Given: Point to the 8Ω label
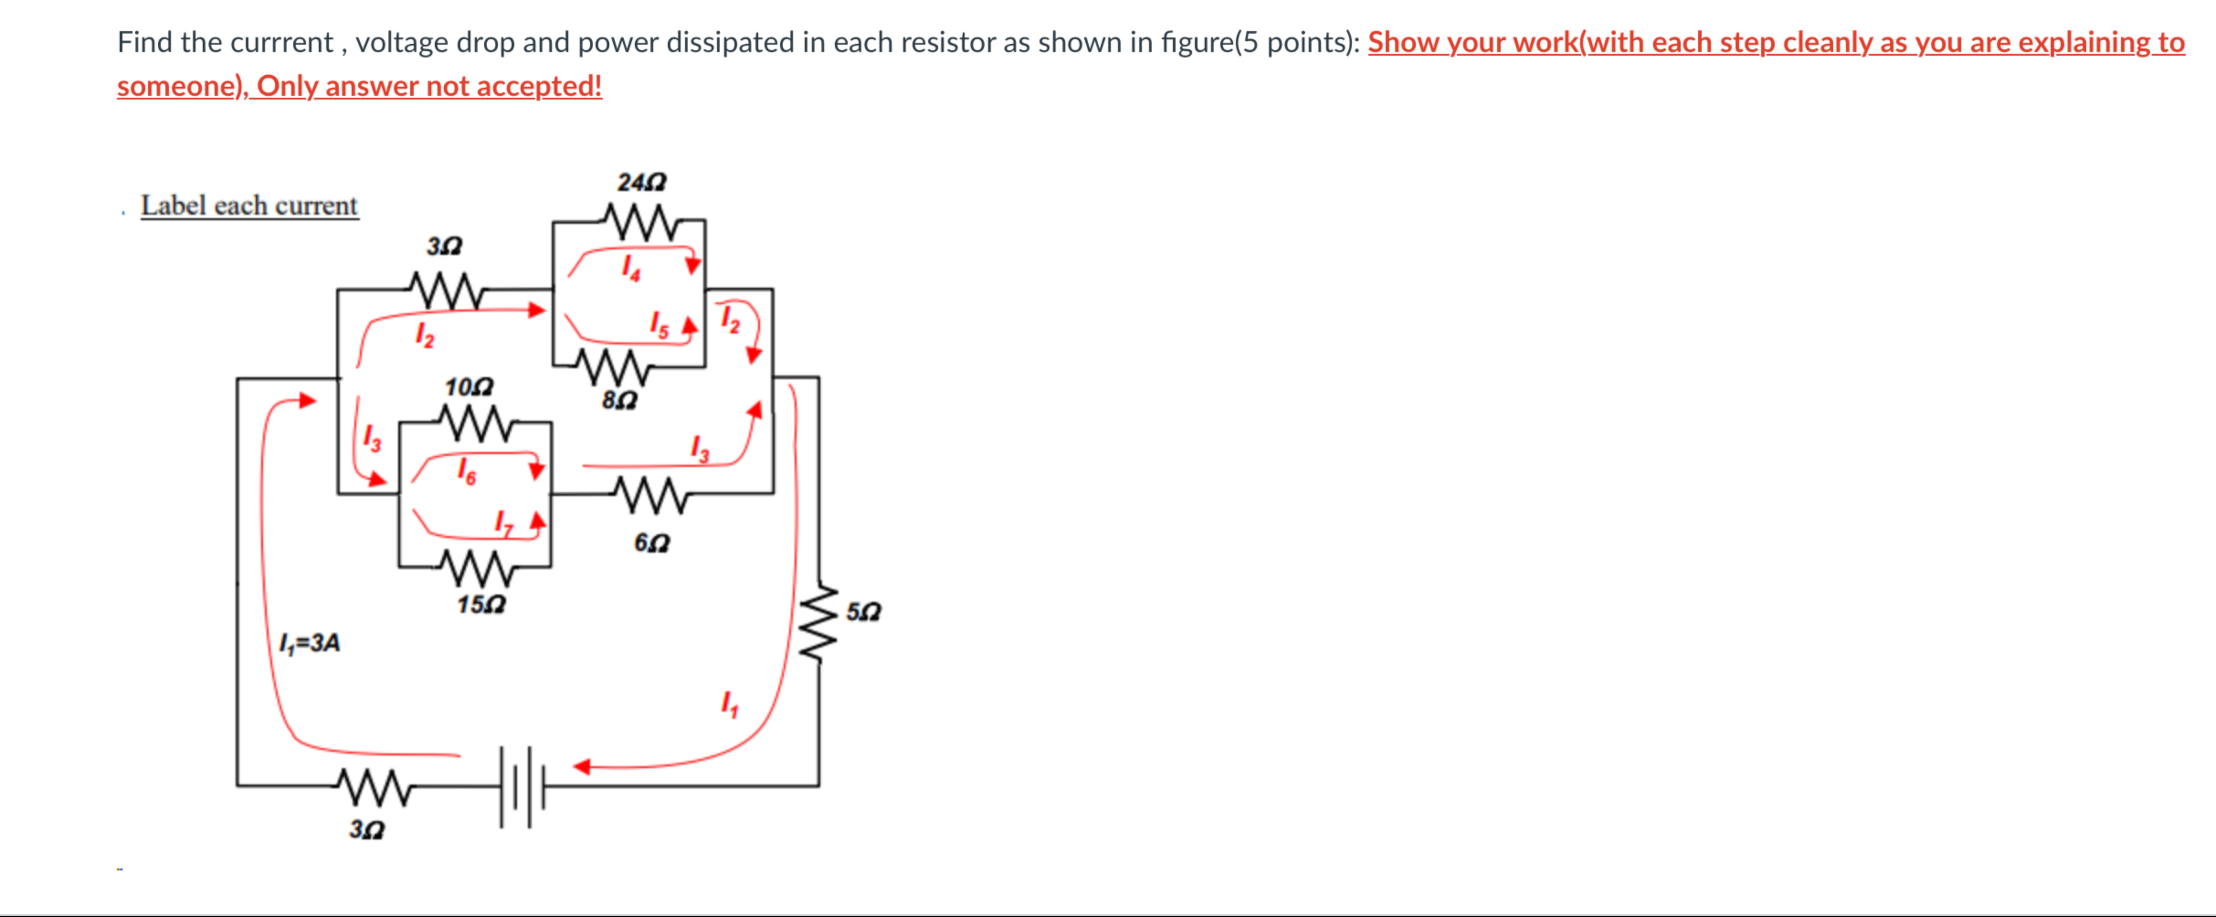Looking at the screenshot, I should pyautogui.click(x=619, y=400).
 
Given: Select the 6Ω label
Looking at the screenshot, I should pyautogui.click(x=651, y=543).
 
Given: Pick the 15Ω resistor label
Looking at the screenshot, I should pyautogui.click(x=481, y=605).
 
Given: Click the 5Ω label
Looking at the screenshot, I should pyautogui.click(x=863, y=611).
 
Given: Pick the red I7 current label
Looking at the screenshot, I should pyautogui.click(x=504, y=522).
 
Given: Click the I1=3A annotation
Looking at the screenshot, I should pyautogui.click(x=310, y=643).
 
